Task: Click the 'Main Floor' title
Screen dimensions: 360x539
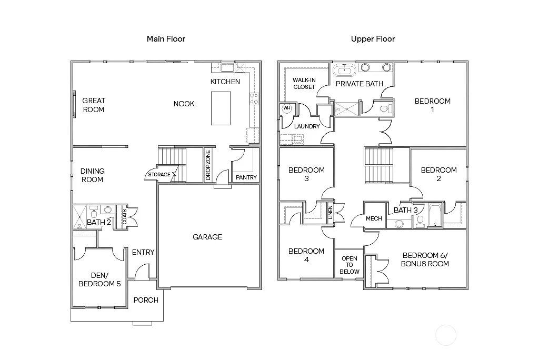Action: coord(166,39)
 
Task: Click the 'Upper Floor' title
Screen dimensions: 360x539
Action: coord(373,39)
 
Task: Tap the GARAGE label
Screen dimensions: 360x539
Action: coord(207,237)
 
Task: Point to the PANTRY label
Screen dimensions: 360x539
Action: coord(246,178)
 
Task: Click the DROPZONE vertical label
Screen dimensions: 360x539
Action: coord(208,166)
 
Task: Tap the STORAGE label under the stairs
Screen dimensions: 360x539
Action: coord(159,175)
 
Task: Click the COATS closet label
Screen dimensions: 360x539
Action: coord(124,217)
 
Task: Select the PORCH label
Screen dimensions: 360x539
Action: coord(146,301)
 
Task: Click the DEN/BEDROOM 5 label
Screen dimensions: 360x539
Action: coord(99,279)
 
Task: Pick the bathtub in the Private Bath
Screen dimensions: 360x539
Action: coord(345,69)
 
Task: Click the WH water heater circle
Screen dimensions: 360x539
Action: coord(287,108)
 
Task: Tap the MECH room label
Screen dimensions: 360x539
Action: coord(374,218)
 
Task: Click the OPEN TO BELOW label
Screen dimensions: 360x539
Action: coord(349,265)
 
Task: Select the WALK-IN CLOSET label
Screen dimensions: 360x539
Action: coord(304,83)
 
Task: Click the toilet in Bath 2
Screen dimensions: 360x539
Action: coord(93,213)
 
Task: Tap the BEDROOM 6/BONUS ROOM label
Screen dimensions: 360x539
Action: coord(425,259)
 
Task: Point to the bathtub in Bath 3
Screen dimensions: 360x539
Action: coord(434,216)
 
